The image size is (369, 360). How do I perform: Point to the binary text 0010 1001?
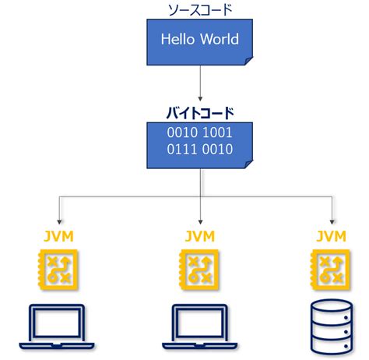pyautogui.click(x=202, y=131)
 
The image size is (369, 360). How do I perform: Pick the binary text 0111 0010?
pyautogui.click(x=202, y=148)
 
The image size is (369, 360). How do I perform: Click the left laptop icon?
pyautogui.click(x=60, y=328)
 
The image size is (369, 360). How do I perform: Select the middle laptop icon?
pyautogui.click(x=202, y=328)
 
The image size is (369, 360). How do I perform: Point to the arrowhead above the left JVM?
pyautogui.click(x=60, y=219)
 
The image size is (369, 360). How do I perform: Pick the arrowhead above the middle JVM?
pyautogui.click(x=202, y=219)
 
